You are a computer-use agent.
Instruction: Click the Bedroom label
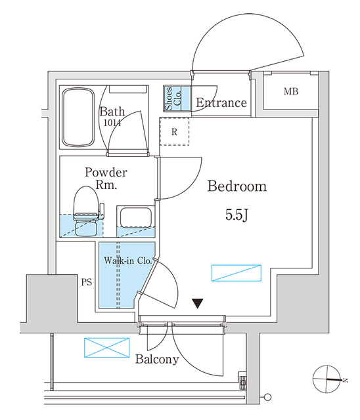(237, 186)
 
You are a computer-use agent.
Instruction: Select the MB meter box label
(291, 91)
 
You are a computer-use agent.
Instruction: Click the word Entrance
(221, 103)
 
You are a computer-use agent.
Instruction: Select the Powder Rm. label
(105, 178)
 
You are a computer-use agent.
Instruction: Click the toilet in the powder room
(86, 212)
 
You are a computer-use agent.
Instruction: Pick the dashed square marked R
(174, 132)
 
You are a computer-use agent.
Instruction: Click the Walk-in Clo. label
(127, 261)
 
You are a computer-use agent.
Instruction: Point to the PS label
(85, 283)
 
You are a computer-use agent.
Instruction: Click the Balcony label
(157, 360)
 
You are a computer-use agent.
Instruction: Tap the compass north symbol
(329, 379)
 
